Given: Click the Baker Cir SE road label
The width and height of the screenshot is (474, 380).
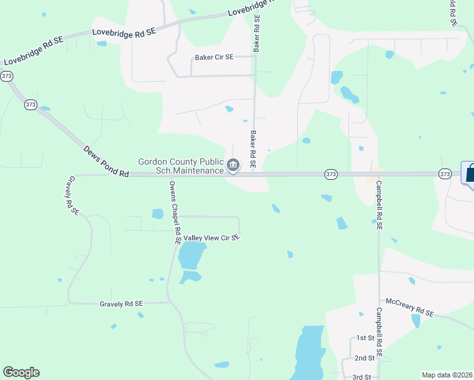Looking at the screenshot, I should point(214,57).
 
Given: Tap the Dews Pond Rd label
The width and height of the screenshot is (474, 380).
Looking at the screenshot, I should point(106,161).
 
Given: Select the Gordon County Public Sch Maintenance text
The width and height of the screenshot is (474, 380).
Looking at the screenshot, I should point(181,166).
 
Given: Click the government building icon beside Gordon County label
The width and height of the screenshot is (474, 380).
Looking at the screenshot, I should point(233,166).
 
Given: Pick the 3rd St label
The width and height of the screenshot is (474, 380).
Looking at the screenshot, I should point(361,377).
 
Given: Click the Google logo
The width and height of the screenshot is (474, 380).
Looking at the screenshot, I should point(21,372).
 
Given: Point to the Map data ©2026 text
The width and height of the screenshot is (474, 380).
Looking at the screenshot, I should point(446,375).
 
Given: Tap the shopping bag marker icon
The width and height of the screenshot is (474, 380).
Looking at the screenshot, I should point(469,173).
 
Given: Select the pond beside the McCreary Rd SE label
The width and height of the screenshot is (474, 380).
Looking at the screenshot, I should point(416,321).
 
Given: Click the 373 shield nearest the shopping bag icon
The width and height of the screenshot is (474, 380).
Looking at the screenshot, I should point(445,174).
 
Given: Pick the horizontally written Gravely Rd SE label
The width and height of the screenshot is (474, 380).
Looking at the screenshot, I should point(121,304).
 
